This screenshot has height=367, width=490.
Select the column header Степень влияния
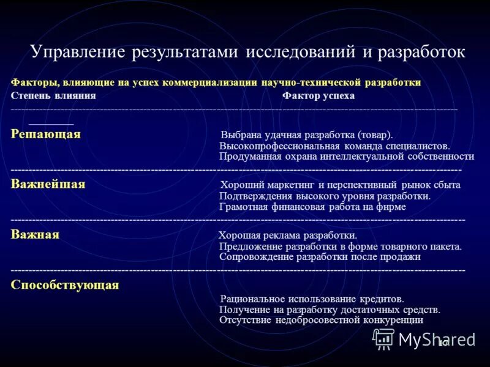(x=53, y=96)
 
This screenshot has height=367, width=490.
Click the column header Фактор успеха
(x=318, y=96)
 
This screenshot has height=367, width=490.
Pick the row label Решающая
(x=45, y=135)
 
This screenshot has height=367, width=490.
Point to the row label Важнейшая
(x=48, y=184)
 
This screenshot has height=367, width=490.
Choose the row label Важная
(x=35, y=235)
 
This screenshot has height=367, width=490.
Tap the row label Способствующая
(x=64, y=285)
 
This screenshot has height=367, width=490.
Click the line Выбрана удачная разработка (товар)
(x=306, y=135)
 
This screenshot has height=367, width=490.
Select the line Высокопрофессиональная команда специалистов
(x=334, y=146)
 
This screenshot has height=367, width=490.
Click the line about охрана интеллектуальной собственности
(x=346, y=157)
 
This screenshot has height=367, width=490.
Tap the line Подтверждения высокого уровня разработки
(x=325, y=196)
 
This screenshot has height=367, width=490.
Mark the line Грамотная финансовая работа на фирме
(x=312, y=207)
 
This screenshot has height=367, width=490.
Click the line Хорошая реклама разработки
(x=288, y=235)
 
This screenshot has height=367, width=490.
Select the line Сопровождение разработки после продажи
(x=320, y=257)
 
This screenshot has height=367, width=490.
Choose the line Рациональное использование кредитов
(x=312, y=299)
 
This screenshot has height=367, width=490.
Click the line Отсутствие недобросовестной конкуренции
(x=321, y=319)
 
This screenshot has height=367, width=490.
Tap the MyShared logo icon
(x=384, y=338)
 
